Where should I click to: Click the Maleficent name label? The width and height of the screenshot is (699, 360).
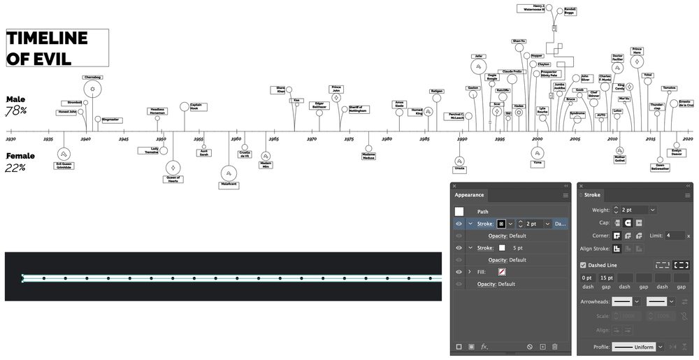pyautogui.click(x=229, y=185)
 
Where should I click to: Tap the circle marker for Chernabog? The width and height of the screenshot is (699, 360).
pyautogui.click(x=92, y=89)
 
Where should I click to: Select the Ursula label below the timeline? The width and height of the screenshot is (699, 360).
pyautogui.click(x=459, y=168)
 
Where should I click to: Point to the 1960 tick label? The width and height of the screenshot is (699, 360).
pyautogui.click(x=236, y=139)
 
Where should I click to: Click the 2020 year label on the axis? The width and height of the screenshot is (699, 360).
pyautogui.click(x=688, y=139)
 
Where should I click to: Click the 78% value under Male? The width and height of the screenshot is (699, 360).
pyautogui.click(x=16, y=111)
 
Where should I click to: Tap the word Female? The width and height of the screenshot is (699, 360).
pyautogui.click(x=20, y=156)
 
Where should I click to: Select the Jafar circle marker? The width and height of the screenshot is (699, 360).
pyautogui.click(x=479, y=66)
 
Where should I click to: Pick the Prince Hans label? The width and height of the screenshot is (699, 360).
pyautogui.click(x=637, y=51)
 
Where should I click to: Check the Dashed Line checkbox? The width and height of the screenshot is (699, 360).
pyautogui.click(x=584, y=265)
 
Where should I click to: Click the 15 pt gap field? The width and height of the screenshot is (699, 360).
pyautogui.click(x=607, y=278)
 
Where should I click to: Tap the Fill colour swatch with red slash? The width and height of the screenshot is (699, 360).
pyautogui.click(x=502, y=272)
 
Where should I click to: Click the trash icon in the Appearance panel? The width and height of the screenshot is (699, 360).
pyautogui.click(x=554, y=347)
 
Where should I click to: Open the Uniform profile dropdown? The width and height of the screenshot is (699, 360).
pyautogui.click(x=635, y=347)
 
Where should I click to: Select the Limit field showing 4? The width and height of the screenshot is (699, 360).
pyautogui.click(x=675, y=236)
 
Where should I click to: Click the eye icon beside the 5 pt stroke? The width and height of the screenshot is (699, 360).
pyautogui.click(x=459, y=248)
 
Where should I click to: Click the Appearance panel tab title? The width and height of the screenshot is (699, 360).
pyautogui.click(x=469, y=195)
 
